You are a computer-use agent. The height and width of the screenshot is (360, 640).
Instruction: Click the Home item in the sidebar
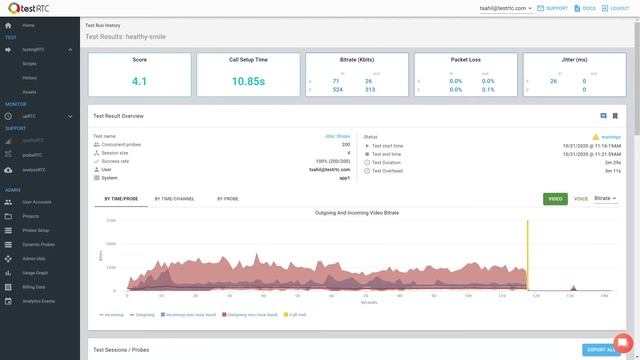click(x=28, y=24)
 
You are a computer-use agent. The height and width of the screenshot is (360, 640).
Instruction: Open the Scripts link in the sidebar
click(x=30, y=62)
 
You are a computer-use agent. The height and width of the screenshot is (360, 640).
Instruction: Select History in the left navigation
click(x=30, y=76)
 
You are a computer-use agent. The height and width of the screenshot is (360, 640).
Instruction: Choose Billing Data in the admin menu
click(x=35, y=285)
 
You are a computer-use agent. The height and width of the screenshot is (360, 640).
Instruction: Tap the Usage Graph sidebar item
click(x=36, y=271)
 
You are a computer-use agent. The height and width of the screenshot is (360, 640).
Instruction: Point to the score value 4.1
click(x=139, y=82)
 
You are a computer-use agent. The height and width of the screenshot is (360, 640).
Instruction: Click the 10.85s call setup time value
click(x=247, y=82)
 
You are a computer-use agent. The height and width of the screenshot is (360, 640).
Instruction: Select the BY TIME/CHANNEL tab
click(x=174, y=199)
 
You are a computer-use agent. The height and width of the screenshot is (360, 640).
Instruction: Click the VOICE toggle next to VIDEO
click(x=580, y=199)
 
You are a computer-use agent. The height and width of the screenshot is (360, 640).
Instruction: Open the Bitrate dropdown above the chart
click(x=605, y=199)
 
